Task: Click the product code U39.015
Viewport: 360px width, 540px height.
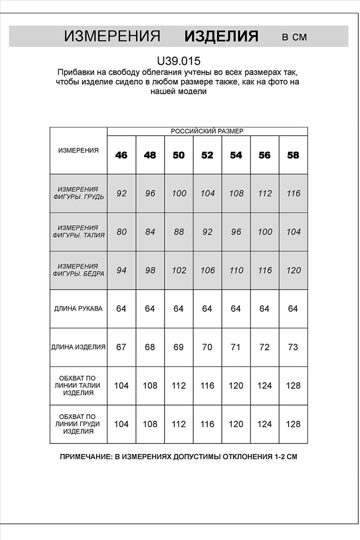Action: click(x=179, y=61)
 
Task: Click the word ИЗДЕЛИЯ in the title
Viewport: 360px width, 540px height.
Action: click(x=221, y=37)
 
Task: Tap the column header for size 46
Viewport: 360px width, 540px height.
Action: click(x=121, y=155)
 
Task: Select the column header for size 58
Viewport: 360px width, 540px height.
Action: click(x=293, y=155)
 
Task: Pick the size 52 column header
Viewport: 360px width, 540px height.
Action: click(x=207, y=155)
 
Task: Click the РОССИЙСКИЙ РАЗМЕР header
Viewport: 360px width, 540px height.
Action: click(x=207, y=131)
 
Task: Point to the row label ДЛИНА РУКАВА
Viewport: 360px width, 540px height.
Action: click(x=78, y=309)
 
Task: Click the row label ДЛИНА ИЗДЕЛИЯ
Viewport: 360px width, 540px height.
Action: click(x=78, y=347)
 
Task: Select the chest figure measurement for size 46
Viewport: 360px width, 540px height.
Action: click(x=121, y=193)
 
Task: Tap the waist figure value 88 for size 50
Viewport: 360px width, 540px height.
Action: click(x=179, y=232)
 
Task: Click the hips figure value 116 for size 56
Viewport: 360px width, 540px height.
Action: click(x=264, y=271)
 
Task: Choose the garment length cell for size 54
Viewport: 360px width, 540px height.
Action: click(x=236, y=347)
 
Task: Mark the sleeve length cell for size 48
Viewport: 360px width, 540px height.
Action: click(x=150, y=309)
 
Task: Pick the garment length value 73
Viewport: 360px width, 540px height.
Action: click(x=293, y=347)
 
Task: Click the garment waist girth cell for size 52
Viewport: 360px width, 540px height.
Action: click(x=207, y=386)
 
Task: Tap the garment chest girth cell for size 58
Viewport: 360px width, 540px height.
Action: click(x=293, y=424)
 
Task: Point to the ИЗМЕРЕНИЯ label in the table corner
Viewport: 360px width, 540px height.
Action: click(x=78, y=151)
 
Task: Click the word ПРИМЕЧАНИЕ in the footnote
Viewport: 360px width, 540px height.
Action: click(x=85, y=456)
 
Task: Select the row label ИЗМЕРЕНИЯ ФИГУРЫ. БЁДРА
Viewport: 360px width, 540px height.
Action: click(x=78, y=270)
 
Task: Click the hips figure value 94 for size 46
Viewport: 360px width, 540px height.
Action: click(x=121, y=271)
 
